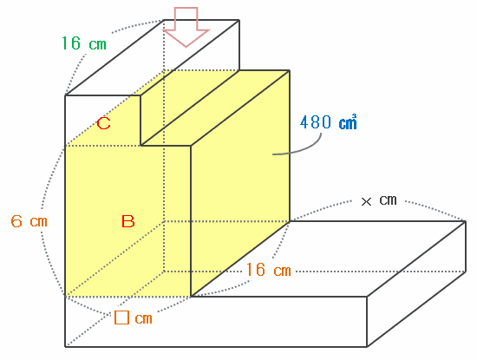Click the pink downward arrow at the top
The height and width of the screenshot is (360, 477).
click(x=186, y=28)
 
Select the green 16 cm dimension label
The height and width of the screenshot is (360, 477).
click(x=84, y=43)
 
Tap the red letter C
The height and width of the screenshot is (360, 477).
click(x=103, y=124)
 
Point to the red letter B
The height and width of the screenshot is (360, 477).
click(x=127, y=221)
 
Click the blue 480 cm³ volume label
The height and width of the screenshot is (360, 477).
click(x=328, y=122)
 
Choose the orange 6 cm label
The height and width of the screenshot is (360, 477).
click(x=29, y=221)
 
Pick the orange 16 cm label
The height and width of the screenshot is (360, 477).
click(x=268, y=270)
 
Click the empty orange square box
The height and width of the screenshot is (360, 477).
click(x=121, y=317)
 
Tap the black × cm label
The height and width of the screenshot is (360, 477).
click(x=379, y=200)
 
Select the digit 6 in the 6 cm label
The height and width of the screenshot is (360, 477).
click(x=16, y=221)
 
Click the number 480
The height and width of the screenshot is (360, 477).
click(x=316, y=122)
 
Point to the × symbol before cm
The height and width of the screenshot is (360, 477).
click(x=366, y=201)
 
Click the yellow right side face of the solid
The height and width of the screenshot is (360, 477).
click(x=240, y=182)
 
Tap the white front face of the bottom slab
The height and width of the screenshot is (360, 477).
click(x=216, y=321)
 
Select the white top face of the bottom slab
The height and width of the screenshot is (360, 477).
click(x=329, y=259)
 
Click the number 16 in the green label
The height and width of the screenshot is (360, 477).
click(x=71, y=43)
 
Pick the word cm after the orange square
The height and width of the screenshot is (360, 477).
click(x=143, y=318)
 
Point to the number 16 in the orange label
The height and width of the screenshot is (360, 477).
click(x=255, y=270)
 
